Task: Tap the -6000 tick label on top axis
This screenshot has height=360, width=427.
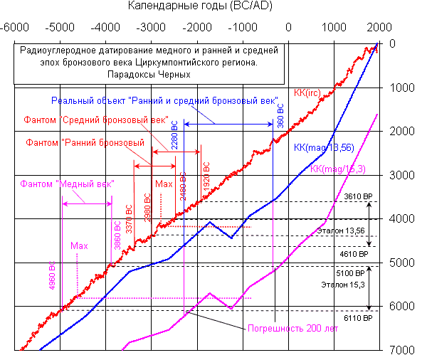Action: pos(16,28)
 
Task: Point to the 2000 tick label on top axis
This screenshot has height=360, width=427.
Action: pos(378,28)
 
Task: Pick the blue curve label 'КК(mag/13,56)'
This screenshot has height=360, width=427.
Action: pos(324,147)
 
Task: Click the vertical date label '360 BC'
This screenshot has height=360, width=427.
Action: pos(280,115)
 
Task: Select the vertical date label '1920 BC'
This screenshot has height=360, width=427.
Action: pos(207,175)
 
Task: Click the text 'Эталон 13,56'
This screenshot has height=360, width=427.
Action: pos(340,231)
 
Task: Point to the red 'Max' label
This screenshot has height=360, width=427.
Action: pos(164,184)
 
